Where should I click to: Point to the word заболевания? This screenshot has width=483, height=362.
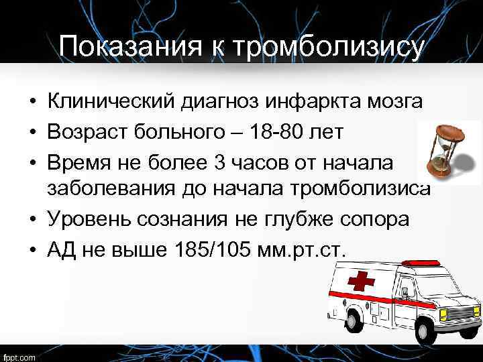coord(110,189)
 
